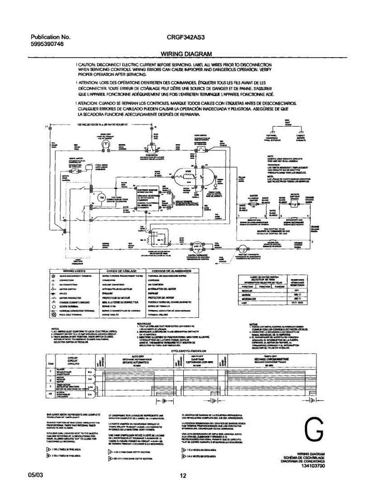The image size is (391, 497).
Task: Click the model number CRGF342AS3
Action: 185,36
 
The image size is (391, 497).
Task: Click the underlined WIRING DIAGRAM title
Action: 187,54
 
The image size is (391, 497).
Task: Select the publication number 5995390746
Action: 47,44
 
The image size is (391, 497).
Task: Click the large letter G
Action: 313,431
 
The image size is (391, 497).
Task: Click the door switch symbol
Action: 152,148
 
